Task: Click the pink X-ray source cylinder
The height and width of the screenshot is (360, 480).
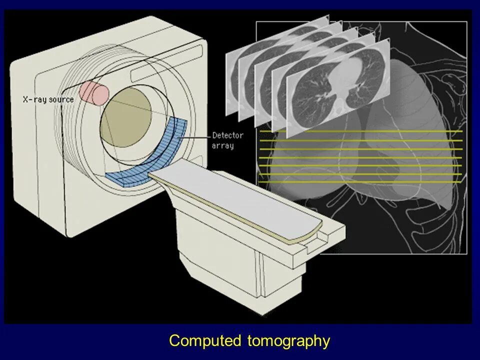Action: click(x=94, y=92)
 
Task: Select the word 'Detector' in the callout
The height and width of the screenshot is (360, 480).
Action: click(x=227, y=135)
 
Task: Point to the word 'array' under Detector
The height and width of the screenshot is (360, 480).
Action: click(x=222, y=146)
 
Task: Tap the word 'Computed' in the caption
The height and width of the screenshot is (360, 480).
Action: click(x=205, y=341)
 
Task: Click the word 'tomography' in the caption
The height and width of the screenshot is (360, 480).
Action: click(x=288, y=341)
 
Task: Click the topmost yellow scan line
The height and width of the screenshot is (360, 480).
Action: click(x=360, y=131)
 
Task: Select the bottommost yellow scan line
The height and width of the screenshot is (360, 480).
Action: click(x=360, y=181)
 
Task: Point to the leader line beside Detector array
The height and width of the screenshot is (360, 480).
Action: click(x=198, y=136)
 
